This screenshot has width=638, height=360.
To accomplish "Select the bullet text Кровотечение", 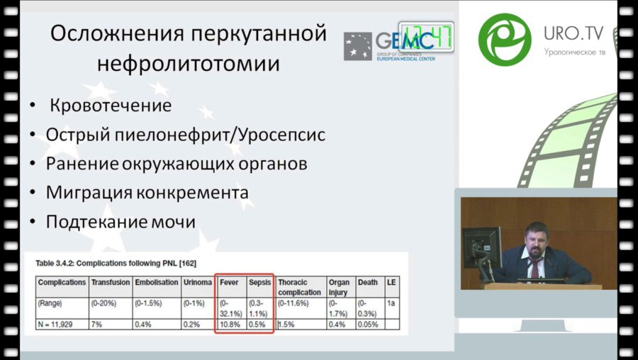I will click(x=111, y=106).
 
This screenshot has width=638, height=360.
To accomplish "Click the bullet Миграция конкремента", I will click(x=147, y=192).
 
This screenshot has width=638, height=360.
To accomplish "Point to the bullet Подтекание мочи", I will click(x=121, y=221).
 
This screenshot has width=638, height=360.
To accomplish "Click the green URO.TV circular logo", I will click(x=505, y=40).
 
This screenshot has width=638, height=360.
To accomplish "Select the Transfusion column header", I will click(x=111, y=282).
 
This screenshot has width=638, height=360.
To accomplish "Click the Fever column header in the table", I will click(x=230, y=282).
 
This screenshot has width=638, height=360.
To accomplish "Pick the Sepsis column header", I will click(x=259, y=282).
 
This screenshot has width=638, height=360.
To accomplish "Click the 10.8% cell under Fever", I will click(x=230, y=324).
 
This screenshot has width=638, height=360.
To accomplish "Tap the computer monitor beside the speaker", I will click(x=481, y=247).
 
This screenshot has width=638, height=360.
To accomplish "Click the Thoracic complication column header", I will click(x=299, y=286).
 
